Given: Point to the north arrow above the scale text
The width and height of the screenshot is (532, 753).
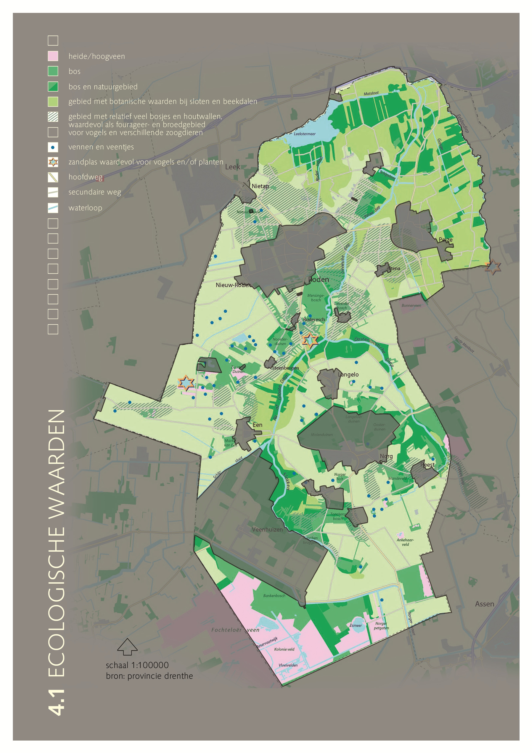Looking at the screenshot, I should (x=127, y=646).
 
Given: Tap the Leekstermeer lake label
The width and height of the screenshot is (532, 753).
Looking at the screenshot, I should (x=305, y=134).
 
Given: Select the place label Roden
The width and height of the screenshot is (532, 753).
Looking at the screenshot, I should (x=319, y=279).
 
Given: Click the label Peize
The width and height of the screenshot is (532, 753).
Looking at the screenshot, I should (x=446, y=240).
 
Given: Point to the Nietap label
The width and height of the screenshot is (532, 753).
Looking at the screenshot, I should (x=260, y=186).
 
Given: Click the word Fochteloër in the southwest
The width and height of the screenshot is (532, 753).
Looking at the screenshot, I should (x=226, y=630).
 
